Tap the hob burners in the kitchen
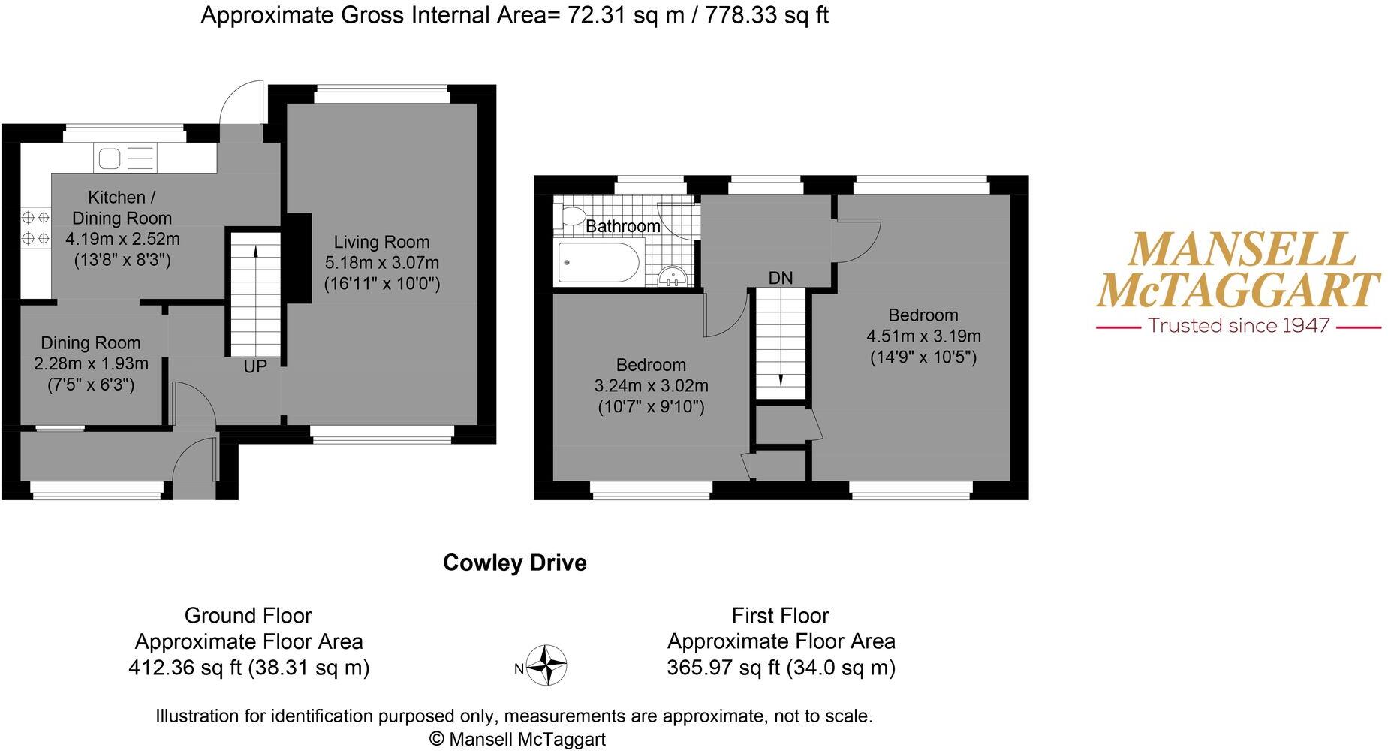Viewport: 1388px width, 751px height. pyautogui.click(x=35, y=228)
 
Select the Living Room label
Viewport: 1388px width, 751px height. pyautogui.click(x=381, y=242)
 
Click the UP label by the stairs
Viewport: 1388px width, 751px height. pyautogui.click(x=255, y=366)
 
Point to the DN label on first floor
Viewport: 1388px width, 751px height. pyautogui.click(x=781, y=278)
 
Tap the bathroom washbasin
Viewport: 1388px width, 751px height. pyautogui.click(x=673, y=277)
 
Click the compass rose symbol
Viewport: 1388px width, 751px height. pyautogui.click(x=546, y=665)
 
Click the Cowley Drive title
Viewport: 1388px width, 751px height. pyautogui.click(x=514, y=562)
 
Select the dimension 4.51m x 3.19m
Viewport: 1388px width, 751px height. pyautogui.click(x=923, y=336)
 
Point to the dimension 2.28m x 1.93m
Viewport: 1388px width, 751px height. pyautogui.click(x=91, y=363)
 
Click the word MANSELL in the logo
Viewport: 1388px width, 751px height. pyautogui.click(x=1242, y=251)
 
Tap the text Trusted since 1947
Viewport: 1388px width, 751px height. pyautogui.click(x=1239, y=326)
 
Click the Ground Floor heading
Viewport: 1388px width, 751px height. pyautogui.click(x=248, y=616)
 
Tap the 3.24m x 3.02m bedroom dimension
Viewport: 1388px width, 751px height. pyautogui.click(x=651, y=386)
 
